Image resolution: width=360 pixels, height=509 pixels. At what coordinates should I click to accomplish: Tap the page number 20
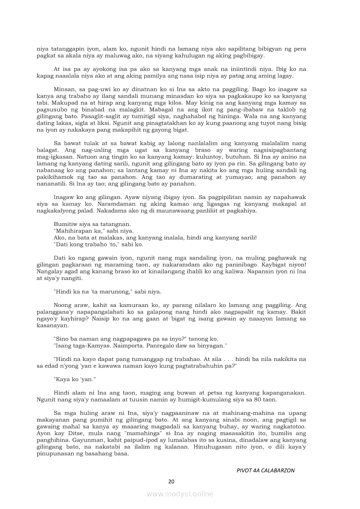click(x=171, y=481)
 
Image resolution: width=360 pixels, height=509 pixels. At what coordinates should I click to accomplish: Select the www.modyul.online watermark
click(x=180, y=494)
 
